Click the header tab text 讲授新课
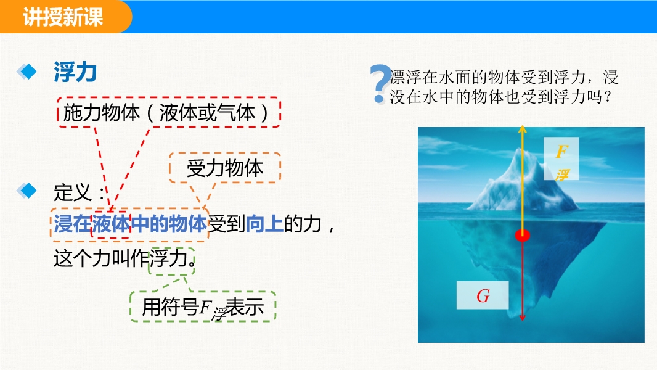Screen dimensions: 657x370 coord(63,17)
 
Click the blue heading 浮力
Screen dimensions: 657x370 coord(75,72)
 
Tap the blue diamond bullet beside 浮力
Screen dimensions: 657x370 coord(27,72)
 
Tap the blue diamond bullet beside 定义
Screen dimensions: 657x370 coord(27,191)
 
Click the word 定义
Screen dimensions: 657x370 coord(73,192)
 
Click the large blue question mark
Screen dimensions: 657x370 coord(380,84)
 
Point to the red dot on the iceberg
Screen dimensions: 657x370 coord(522,235)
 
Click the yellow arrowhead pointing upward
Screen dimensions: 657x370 coord(522,129)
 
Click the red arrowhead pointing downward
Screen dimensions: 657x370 coord(522,317)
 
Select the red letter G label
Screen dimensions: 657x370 coord(483,296)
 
